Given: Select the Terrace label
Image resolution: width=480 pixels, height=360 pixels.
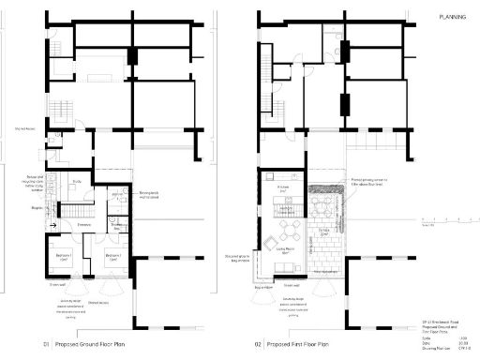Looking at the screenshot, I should [322, 231].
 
